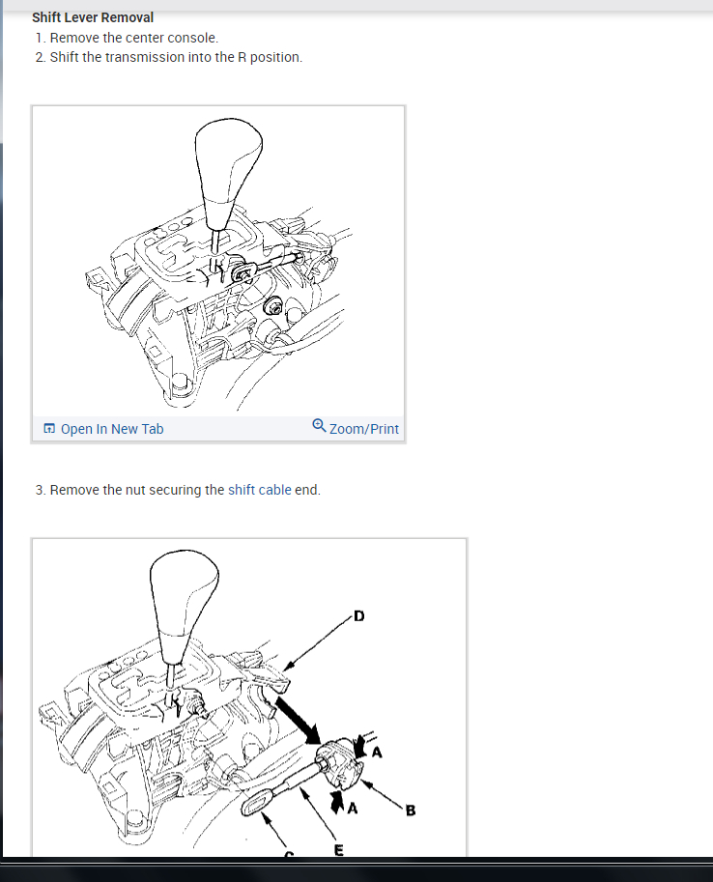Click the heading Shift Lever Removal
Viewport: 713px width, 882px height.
(x=93, y=17)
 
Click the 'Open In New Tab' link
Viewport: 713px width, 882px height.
(x=112, y=429)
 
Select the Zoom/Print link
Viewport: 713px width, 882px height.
(x=363, y=429)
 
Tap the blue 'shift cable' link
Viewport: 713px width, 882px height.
(x=259, y=490)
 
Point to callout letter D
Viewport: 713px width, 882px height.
(x=358, y=615)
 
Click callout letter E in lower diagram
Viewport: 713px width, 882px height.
(x=338, y=850)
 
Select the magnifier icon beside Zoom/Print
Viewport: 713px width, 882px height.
(x=319, y=426)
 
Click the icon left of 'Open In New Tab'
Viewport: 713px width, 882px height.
(x=48, y=429)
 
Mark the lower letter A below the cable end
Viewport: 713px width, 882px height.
(x=354, y=810)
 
